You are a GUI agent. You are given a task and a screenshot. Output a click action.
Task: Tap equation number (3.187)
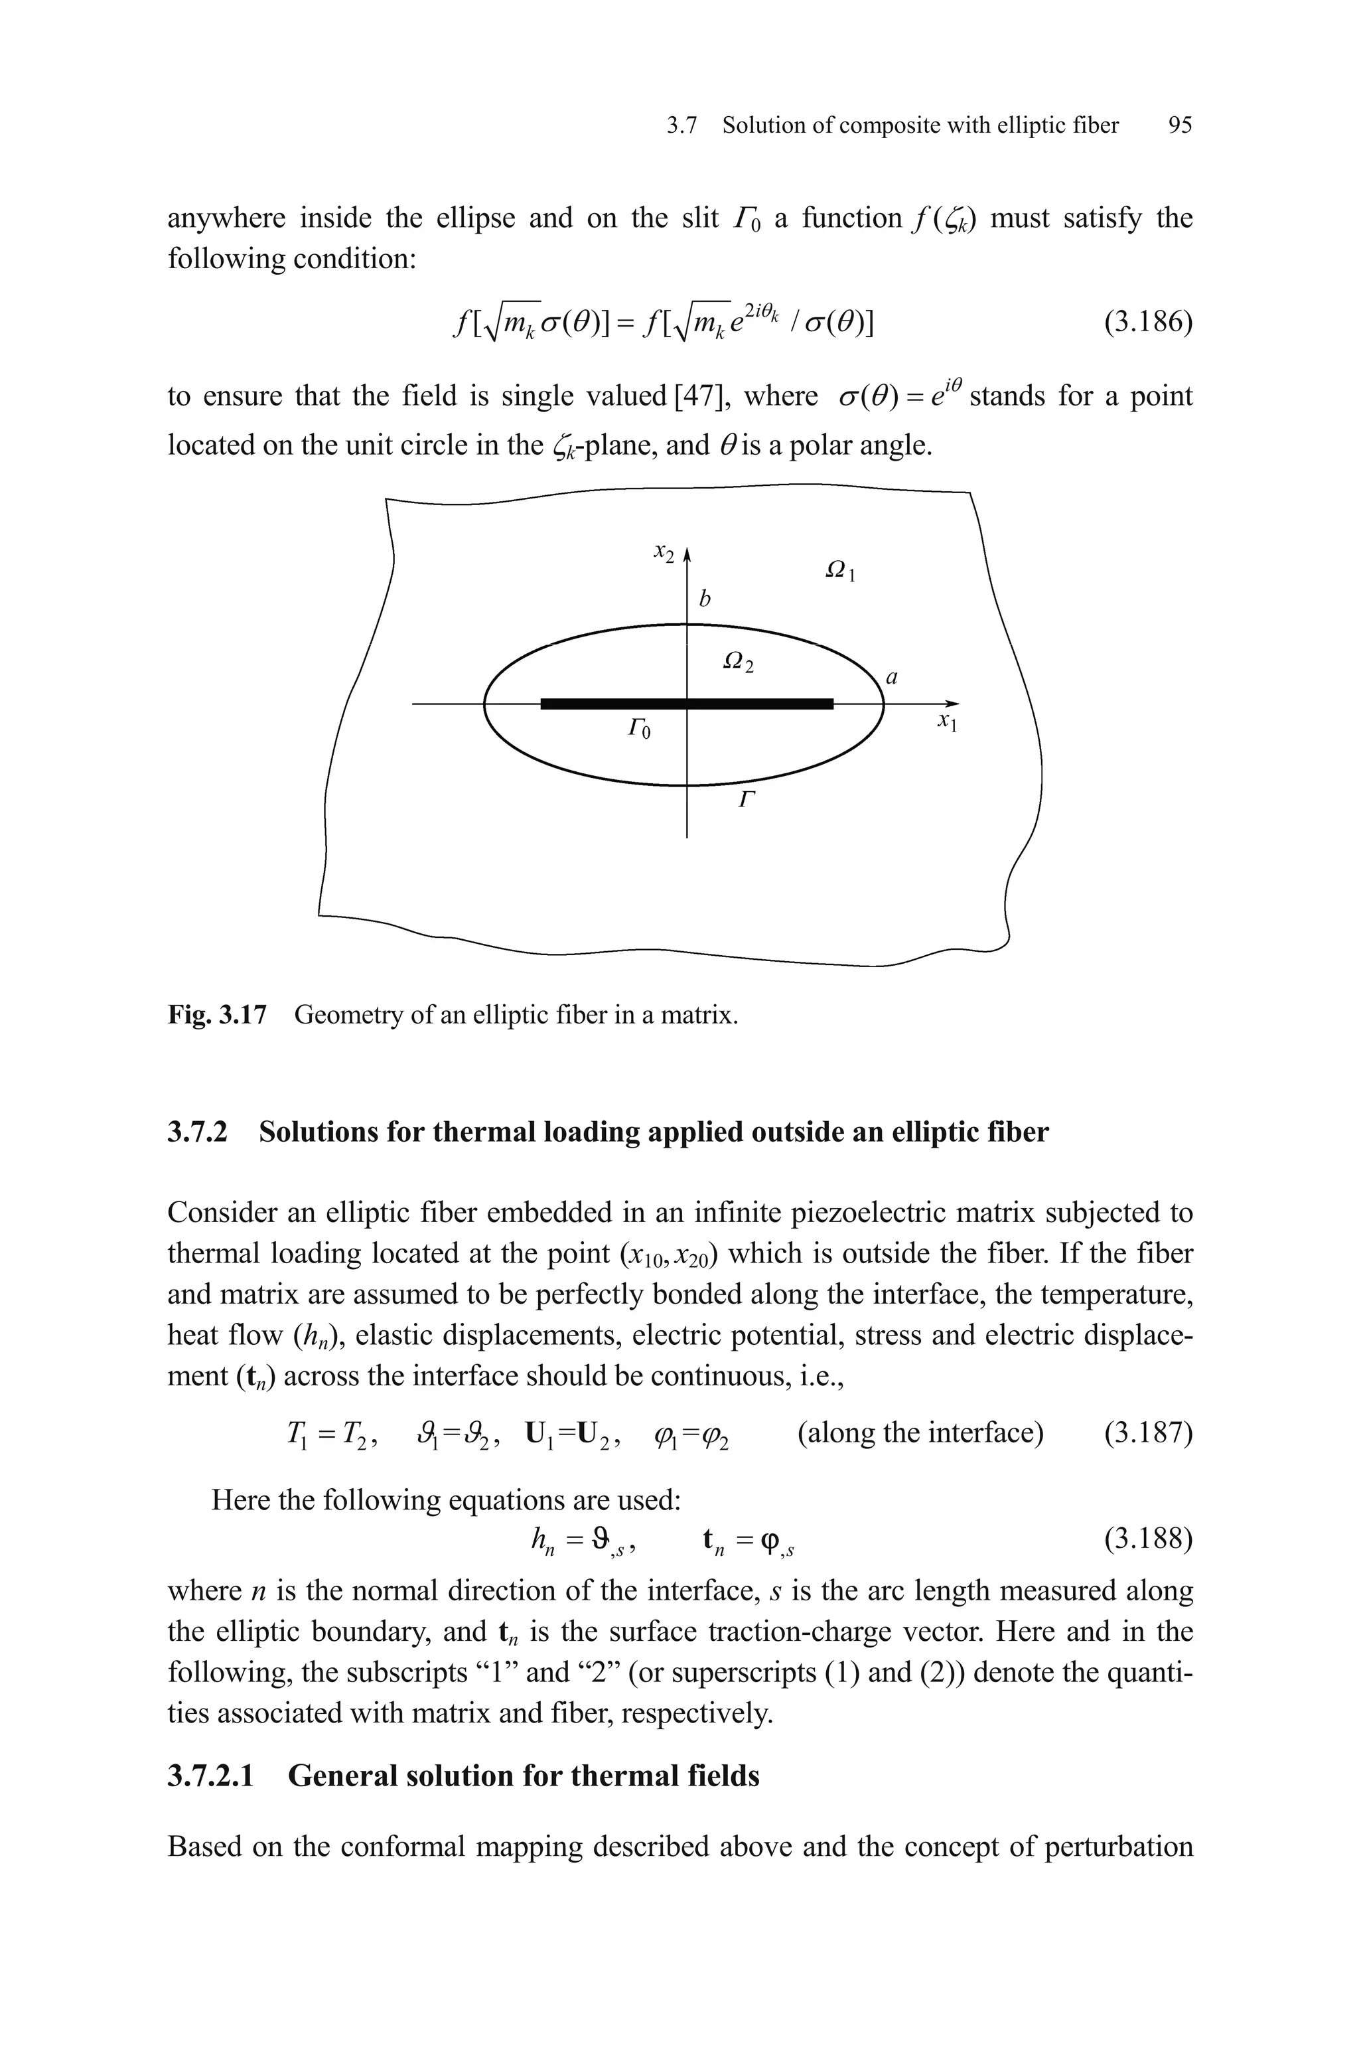[x=1147, y=1434]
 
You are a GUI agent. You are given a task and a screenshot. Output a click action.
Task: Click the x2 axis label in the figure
[x=664, y=552]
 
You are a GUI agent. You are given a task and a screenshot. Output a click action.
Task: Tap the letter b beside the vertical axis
[x=705, y=598]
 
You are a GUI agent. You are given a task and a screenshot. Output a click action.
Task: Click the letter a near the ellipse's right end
[x=891, y=677]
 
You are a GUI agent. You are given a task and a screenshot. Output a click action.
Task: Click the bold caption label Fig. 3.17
[x=217, y=1014]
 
